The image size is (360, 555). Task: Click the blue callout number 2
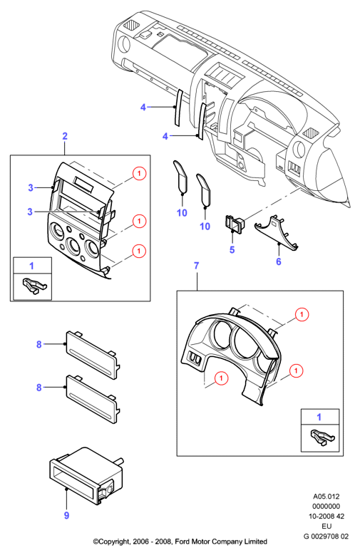(x=65, y=136)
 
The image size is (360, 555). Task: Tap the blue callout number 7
(x=197, y=266)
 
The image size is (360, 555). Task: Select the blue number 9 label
(x=66, y=515)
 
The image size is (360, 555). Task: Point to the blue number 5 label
(x=232, y=250)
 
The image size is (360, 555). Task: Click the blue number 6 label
(x=279, y=261)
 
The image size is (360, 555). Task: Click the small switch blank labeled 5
(x=235, y=224)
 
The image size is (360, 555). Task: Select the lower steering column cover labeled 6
(x=277, y=232)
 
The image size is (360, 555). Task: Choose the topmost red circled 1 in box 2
(x=139, y=173)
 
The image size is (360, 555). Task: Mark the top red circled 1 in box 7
(x=302, y=314)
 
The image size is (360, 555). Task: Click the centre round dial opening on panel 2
(x=74, y=245)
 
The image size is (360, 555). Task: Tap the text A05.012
(x=326, y=497)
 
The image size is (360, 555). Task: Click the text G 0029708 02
(x=326, y=536)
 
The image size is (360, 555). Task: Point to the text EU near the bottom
(x=326, y=527)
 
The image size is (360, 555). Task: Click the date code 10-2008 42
(x=326, y=517)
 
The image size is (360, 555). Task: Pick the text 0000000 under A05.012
(x=326, y=507)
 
